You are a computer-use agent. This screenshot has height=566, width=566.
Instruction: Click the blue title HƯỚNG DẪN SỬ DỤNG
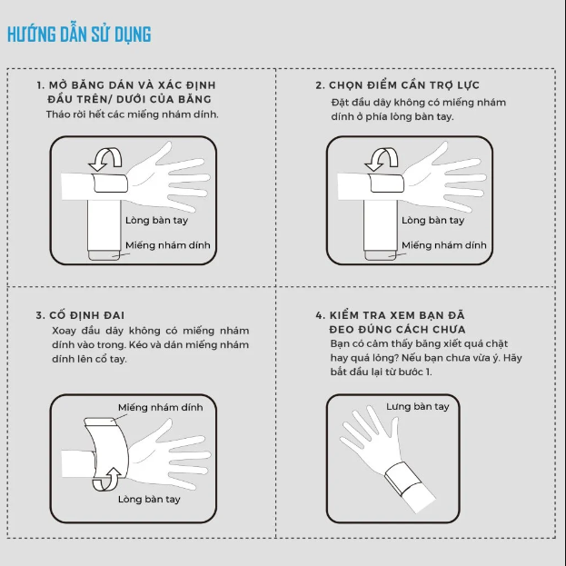click(79, 35)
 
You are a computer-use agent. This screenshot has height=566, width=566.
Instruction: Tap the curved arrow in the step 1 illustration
click(105, 159)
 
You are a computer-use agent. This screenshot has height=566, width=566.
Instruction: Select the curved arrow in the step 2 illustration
click(382, 159)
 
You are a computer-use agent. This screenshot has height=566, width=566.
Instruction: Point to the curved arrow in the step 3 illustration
click(107, 480)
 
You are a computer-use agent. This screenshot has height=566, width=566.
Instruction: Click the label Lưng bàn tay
click(418, 407)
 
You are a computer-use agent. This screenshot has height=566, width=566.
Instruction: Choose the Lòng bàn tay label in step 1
click(156, 220)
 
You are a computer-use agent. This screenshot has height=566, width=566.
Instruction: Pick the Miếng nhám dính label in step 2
click(444, 245)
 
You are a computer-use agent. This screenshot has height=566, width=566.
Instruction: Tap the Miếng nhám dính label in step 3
click(160, 408)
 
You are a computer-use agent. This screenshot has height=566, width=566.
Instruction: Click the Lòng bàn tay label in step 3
click(149, 499)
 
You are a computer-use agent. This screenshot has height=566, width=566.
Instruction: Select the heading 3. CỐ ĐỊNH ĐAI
click(80, 315)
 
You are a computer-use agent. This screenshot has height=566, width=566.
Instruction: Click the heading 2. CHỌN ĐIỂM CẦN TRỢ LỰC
click(397, 85)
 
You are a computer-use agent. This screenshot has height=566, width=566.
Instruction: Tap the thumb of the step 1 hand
click(160, 153)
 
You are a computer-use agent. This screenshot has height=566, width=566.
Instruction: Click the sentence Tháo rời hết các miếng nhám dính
click(132, 114)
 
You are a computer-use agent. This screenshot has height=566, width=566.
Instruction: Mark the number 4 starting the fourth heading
click(320, 315)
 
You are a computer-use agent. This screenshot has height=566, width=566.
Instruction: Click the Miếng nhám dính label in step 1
click(168, 245)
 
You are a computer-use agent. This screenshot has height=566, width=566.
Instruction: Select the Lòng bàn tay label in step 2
click(433, 220)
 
